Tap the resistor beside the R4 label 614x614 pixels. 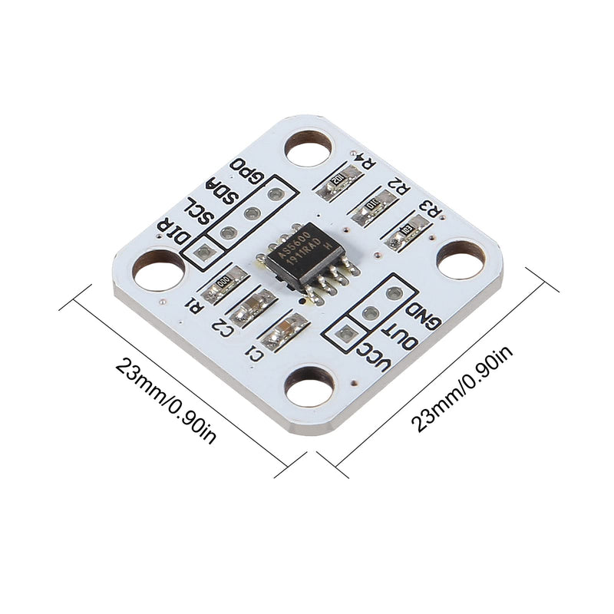pos(338,182)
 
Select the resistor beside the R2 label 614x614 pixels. pos(374,206)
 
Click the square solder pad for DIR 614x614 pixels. pos(203,251)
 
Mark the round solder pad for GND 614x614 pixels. pos(394,292)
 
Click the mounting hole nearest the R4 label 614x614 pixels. pos(309,147)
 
